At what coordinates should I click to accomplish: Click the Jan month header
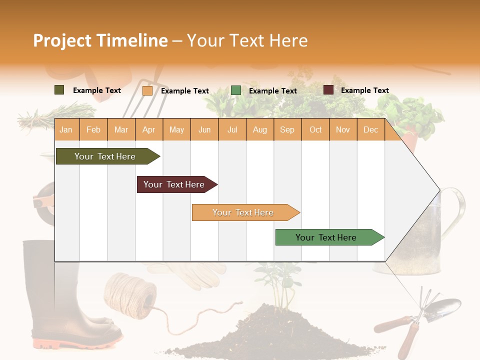click(x=66, y=130)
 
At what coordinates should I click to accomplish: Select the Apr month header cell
click(x=149, y=130)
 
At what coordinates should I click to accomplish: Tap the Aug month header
click(x=259, y=130)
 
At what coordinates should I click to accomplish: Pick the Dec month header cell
click(x=370, y=130)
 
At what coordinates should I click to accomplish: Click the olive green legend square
click(x=59, y=90)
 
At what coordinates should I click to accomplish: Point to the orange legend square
click(x=147, y=90)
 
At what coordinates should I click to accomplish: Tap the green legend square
click(x=236, y=90)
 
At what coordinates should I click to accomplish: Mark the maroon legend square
click(x=328, y=90)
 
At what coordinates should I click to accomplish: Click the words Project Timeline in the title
click(x=100, y=40)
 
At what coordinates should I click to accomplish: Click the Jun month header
click(x=204, y=130)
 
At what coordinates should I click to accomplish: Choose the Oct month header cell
click(x=315, y=130)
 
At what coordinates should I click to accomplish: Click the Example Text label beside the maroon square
click(x=364, y=90)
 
